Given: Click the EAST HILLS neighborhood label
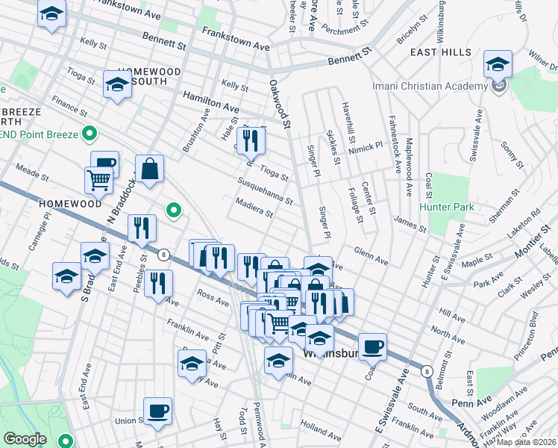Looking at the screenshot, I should pyautogui.click(x=440, y=52).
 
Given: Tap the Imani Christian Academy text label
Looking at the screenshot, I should pyautogui.click(x=430, y=86).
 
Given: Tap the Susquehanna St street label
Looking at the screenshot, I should pyautogui.click(x=265, y=191).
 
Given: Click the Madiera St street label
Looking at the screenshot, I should pyautogui.click(x=254, y=209).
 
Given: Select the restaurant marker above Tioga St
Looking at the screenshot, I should pyautogui.click(x=251, y=140).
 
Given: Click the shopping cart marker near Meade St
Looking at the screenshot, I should pyautogui.click(x=98, y=179).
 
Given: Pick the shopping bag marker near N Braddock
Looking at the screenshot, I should pyautogui.click(x=150, y=169).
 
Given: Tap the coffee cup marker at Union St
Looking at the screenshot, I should pyautogui.click(x=157, y=411).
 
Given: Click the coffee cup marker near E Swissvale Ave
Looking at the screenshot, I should pyautogui.click(x=372, y=346).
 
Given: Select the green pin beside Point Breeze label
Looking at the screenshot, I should pyautogui.click(x=90, y=134).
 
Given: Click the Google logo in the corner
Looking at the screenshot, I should pyautogui.click(x=25, y=439).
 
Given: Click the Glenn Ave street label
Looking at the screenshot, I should pyautogui.click(x=371, y=256).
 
